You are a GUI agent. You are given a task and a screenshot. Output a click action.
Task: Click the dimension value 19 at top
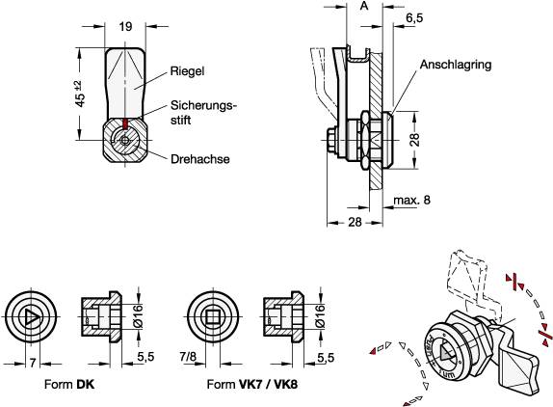pos(126,27)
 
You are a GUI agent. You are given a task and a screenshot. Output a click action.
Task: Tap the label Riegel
pos(188,70)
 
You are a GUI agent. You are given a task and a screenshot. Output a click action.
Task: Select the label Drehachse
pos(198,160)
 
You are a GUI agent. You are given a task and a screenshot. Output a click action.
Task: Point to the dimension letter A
pos(362,7)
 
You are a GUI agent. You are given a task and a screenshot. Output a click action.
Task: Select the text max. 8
pos(411,200)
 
